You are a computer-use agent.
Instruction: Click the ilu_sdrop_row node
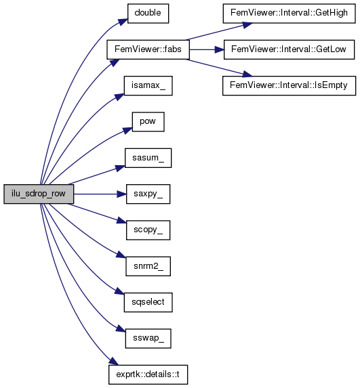coord(39,194)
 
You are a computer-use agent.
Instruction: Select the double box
coord(148,14)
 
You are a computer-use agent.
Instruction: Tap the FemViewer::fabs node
coord(148,49)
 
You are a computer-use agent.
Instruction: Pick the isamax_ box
coord(148,85)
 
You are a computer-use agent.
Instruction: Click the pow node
coord(148,122)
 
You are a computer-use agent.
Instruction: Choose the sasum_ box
coord(148,158)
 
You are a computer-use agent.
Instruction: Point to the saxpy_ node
coord(148,194)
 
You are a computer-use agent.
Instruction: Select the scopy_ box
coord(148,230)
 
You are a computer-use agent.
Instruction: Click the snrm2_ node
coord(148,266)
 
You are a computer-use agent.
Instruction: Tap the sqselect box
coord(148,303)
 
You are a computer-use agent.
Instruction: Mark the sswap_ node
coord(148,339)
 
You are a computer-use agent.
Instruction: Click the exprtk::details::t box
coord(148,374)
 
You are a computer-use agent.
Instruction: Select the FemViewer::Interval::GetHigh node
coord(289,14)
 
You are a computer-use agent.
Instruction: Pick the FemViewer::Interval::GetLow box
coord(289,49)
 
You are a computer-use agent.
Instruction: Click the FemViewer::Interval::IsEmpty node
coord(289,85)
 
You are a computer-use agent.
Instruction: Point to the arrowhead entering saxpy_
coord(121,194)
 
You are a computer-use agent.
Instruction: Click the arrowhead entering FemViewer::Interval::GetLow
coord(219,49)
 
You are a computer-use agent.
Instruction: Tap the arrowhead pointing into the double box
coord(123,21)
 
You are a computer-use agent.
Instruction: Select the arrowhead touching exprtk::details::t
coord(114,361)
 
